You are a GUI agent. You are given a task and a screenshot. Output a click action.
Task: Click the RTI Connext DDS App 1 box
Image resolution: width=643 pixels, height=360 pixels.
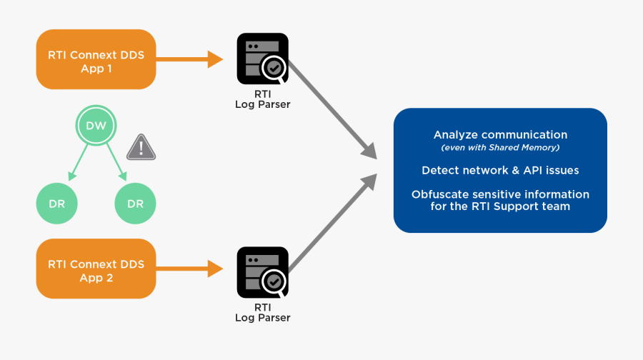(96, 59)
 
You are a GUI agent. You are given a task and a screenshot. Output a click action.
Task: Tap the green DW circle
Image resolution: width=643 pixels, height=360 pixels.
(96, 126)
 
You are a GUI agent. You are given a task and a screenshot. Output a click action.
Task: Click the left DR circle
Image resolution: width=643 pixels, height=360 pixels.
(56, 204)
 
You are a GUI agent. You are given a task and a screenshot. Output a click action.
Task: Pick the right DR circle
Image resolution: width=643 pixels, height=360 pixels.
(135, 204)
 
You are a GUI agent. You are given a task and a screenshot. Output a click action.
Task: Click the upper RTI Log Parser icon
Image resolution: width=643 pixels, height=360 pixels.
(263, 59)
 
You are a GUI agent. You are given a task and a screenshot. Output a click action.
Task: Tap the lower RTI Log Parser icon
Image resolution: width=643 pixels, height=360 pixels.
(263, 271)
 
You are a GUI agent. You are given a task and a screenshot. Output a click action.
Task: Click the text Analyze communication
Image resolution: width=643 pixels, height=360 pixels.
(500, 135)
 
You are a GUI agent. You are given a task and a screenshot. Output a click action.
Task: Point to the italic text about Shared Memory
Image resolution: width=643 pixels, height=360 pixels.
(500, 148)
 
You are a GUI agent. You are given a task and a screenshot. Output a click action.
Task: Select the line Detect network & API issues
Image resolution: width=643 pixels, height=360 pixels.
(500, 171)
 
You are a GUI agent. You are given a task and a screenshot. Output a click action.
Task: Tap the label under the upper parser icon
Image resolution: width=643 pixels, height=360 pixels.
(263, 99)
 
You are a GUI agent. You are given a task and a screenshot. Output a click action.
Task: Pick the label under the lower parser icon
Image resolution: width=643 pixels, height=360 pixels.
(263, 312)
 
